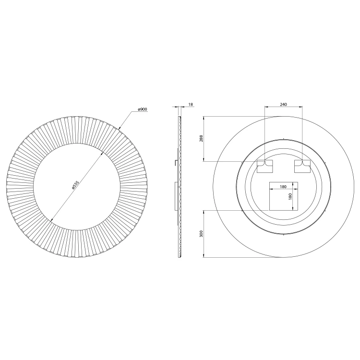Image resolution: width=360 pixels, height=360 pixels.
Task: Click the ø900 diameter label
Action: point(143,109)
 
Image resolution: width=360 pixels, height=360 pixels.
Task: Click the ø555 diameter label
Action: point(75,185)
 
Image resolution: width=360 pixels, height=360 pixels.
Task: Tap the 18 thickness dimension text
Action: point(191,105)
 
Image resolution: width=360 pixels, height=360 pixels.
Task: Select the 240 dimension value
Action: point(283,105)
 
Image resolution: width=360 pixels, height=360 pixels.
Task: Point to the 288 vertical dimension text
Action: point(201,138)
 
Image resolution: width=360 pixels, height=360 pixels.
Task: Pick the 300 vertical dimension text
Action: point(201,234)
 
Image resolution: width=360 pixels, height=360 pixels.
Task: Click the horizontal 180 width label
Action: point(283,187)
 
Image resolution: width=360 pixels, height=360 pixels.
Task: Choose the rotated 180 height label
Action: point(290,196)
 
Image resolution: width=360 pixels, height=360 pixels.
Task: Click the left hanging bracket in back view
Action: point(264,166)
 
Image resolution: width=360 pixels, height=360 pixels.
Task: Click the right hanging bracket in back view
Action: point(302,166)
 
